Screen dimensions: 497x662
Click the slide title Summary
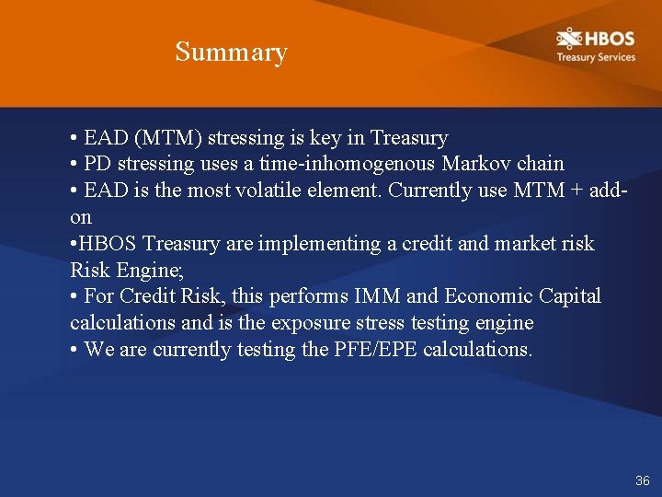click(231, 52)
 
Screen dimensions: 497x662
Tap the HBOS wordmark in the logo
click(607, 39)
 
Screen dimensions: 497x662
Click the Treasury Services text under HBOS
click(595, 57)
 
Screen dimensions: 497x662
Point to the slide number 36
click(642, 480)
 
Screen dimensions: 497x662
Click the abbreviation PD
click(97, 164)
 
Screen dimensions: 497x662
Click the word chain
click(541, 164)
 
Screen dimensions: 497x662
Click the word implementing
click(293, 244)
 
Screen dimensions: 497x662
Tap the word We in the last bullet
click(97, 350)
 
